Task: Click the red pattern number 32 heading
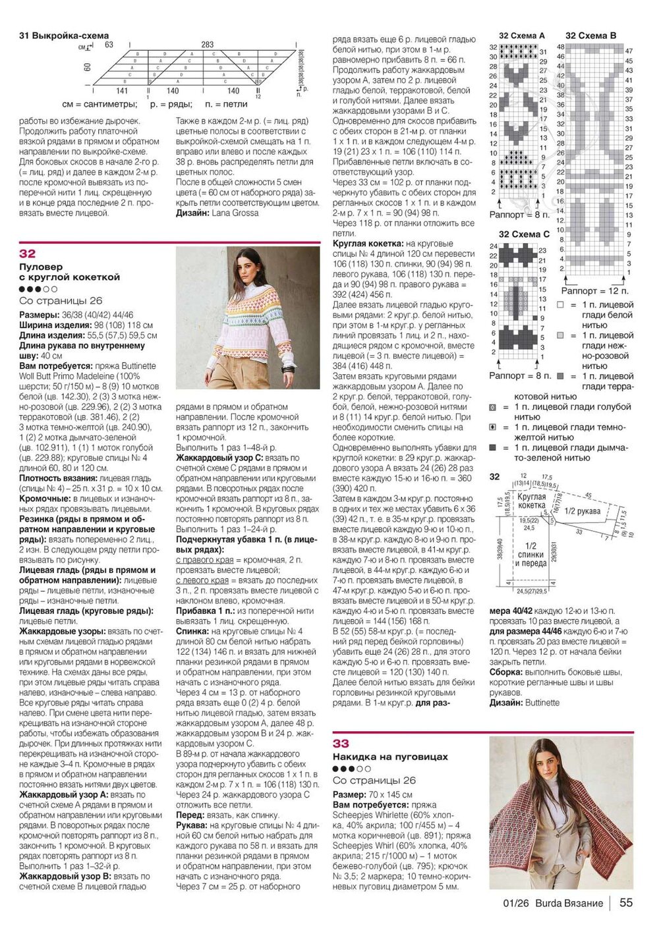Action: tap(28, 254)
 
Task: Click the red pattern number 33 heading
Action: tap(341, 744)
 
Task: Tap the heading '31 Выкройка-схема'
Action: tap(64, 36)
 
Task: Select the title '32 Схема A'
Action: tap(521, 36)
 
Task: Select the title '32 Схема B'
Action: tap(590, 36)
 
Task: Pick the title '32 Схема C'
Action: tap(523, 234)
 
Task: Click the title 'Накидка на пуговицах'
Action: tap(390, 757)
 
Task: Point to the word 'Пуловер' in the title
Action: tap(41, 267)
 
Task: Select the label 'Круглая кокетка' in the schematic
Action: tap(532, 501)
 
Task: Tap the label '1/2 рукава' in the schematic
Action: tap(583, 511)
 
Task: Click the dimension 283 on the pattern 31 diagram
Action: tap(208, 45)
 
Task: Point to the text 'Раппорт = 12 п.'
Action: tap(594, 290)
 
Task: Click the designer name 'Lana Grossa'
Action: tap(235, 213)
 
